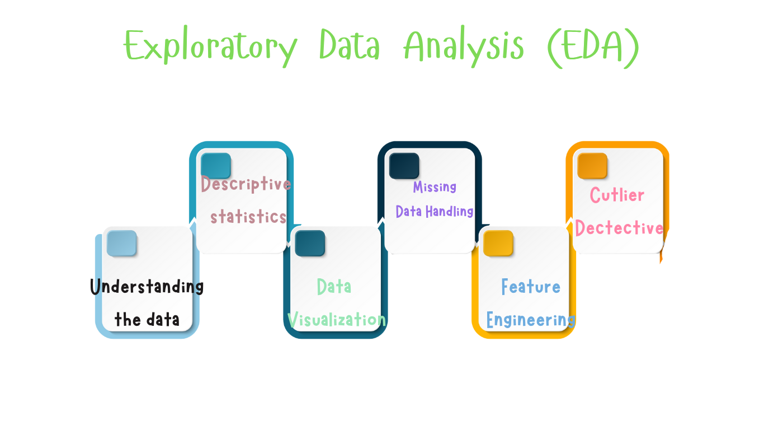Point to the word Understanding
[147, 287]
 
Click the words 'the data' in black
[147, 320]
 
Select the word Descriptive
[246, 184]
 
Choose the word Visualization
[336, 320]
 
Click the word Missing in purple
[435, 187]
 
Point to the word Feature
[530, 287]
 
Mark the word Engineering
[530, 320]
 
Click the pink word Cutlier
[617, 195]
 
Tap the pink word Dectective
[619, 228]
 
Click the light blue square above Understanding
[122, 243]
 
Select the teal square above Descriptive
[216, 166]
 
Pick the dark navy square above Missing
[404, 166]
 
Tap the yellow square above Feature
[498, 243]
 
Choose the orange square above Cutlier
[592, 166]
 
